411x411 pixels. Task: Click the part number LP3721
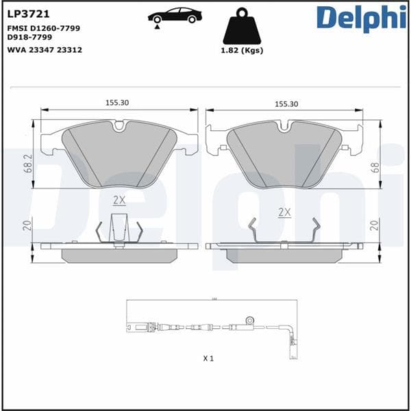click(x=25, y=12)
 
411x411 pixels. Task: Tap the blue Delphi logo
click(x=362, y=18)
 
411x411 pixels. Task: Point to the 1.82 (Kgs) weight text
click(x=242, y=50)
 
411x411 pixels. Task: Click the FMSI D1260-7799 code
click(x=43, y=28)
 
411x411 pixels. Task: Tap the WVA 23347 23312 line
click(x=44, y=50)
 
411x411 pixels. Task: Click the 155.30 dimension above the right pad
click(x=286, y=103)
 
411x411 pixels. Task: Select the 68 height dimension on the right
click(x=375, y=166)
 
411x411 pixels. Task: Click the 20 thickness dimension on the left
click(x=27, y=226)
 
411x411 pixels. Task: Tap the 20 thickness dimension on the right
click(x=375, y=225)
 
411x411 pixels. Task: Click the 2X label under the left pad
click(x=119, y=200)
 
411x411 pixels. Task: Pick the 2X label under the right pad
click(x=285, y=212)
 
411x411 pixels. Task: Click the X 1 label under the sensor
click(x=209, y=358)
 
